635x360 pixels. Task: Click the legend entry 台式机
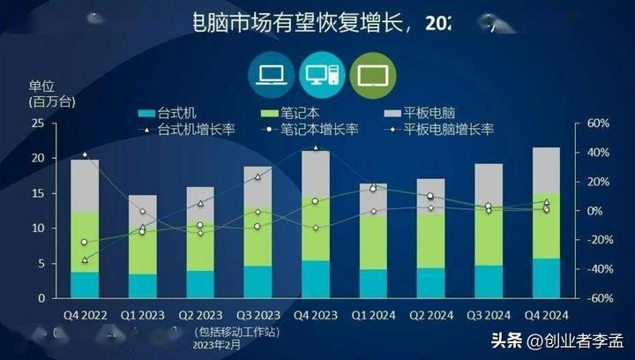pyautogui.click(x=175, y=113)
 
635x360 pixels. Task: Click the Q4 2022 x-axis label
pyautogui.click(x=84, y=314)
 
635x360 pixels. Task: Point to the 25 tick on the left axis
pyautogui.click(x=37, y=124)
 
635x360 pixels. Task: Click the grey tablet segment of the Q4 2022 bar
pyautogui.click(x=85, y=185)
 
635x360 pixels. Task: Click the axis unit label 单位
pyautogui.click(x=41, y=86)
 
